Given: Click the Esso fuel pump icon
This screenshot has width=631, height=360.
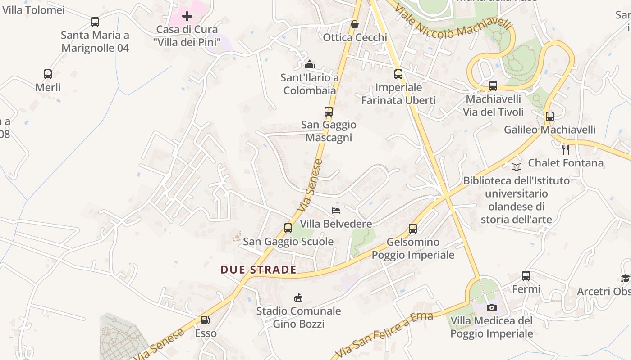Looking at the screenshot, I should [205, 320].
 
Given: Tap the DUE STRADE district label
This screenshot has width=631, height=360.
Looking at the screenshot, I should [258, 270].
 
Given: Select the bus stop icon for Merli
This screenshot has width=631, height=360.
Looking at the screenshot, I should [48, 74].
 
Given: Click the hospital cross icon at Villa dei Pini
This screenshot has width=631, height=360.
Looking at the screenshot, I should [187, 17].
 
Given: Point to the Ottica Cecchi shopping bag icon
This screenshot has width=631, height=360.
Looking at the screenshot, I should [355, 24].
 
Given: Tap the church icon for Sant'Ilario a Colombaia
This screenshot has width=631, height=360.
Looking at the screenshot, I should [309, 65].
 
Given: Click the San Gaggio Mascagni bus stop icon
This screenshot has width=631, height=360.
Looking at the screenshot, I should [329, 112].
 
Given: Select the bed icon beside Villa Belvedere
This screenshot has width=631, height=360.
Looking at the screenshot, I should [336, 210].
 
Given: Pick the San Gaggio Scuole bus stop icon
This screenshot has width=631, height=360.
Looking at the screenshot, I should [288, 228].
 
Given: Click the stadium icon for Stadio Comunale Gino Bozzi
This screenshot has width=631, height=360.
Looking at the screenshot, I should [298, 297].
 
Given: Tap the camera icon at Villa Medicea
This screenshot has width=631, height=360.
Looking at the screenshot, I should [492, 307].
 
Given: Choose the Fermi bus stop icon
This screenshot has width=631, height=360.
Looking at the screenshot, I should [526, 276].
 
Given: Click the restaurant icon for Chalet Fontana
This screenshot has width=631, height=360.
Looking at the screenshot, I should [566, 149].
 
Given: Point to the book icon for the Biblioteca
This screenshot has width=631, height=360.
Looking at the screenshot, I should [516, 167].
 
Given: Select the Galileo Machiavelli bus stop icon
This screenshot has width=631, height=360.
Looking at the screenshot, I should [550, 117].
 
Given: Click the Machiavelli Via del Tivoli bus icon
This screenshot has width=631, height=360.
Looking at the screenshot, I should [493, 86].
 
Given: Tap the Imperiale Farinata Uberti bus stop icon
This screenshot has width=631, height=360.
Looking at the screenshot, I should [398, 74].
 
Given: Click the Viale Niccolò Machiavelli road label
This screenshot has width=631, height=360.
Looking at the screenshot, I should [454, 22].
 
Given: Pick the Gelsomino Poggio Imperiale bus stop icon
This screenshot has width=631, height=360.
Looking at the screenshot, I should [413, 229].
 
